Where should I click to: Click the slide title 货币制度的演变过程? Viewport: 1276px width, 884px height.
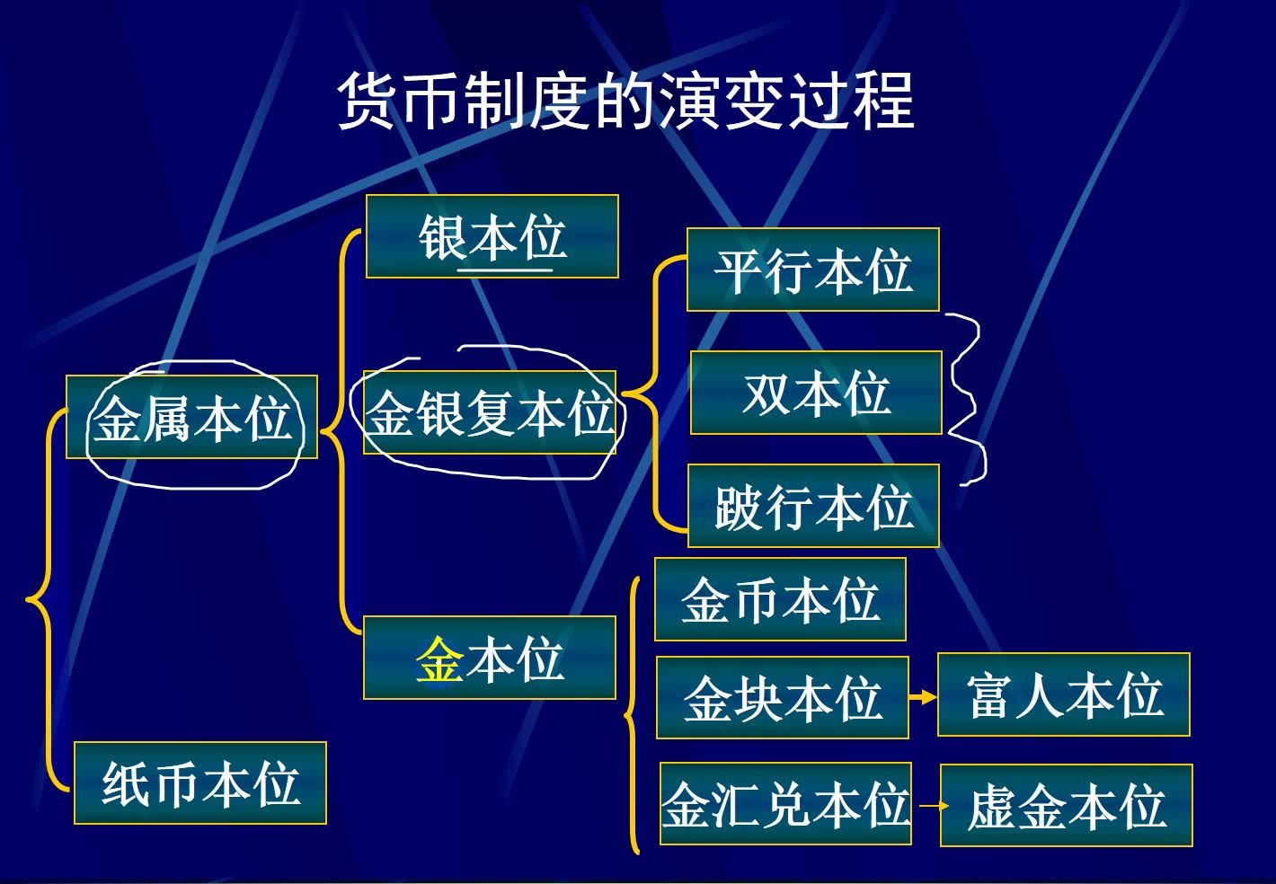pyautogui.click(x=625, y=101)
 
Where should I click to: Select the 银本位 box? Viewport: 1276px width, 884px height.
pyautogui.click(x=492, y=236)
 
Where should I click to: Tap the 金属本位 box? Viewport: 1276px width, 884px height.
pyautogui.click(x=191, y=418)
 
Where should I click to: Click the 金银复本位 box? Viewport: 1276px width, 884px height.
pyautogui.click(x=490, y=413)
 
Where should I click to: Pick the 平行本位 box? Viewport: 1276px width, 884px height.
pyautogui.click(x=812, y=270)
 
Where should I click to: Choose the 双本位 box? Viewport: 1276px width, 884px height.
pyautogui.click(x=816, y=393)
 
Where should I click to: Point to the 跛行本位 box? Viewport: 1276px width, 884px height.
pyautogui.click(x=813, y=506)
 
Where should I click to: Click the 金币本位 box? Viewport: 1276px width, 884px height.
pyautogui.click(x=780, y=599)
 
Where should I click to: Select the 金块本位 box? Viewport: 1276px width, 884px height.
pyautogui.click(x=782, y=698)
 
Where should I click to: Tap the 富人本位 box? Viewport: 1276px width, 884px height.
pyautogui.click(x=1063, y=695)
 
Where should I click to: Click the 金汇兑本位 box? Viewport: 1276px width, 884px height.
pyautogui.click(x=785, y=804)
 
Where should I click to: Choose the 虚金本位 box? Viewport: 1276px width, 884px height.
pyautogui.click(x=1066, y=806)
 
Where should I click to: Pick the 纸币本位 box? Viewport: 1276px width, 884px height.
pyautogui.click(x=199, y=782)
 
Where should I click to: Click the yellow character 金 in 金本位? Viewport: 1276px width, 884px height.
pyautogui.click(x=439, y=659)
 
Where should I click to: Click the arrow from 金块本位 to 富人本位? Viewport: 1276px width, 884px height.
pyautogui.click(x=923, y=697)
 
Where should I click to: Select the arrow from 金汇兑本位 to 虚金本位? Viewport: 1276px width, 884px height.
pyautogui.click(x=926, y=805)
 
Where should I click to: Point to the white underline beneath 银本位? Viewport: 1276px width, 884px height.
pyautogui.click(x=505, y=269)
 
